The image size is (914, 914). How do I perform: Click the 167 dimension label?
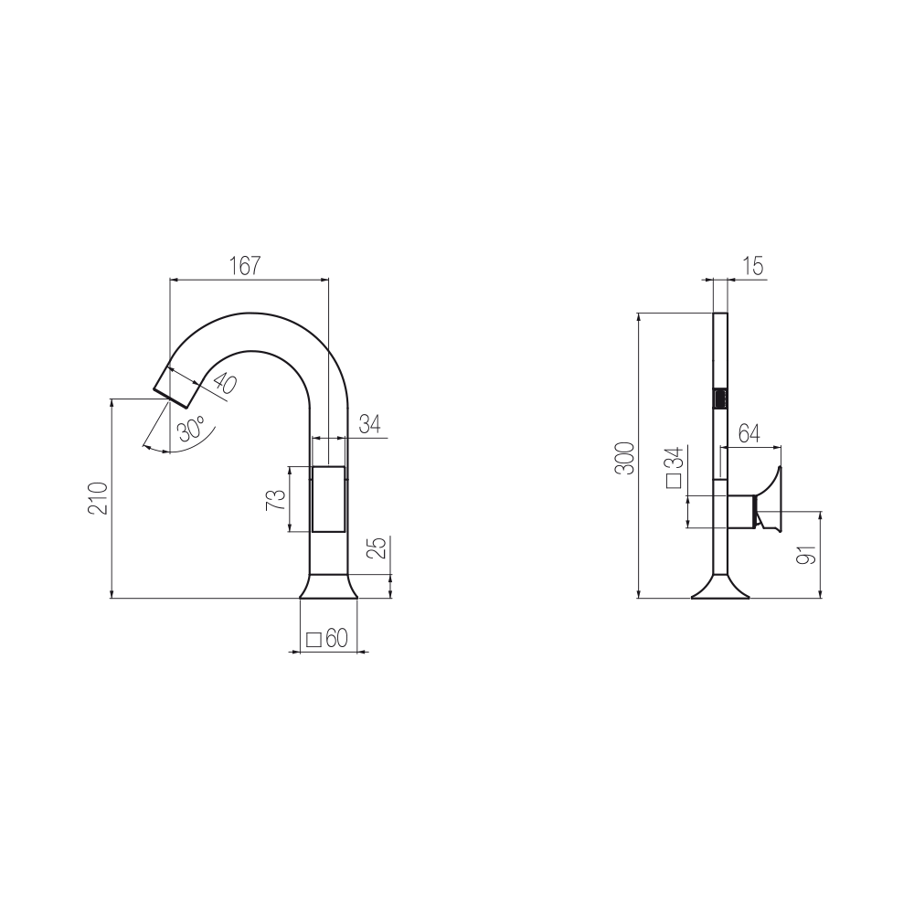pos(245,266)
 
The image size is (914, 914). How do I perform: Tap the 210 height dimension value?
pos(98,498)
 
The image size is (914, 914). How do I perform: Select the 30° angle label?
pos(191,429)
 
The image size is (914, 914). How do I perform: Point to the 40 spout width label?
pos(225,384)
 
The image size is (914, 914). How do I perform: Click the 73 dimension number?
pos(276,500)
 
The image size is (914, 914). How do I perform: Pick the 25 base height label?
pos(378,547)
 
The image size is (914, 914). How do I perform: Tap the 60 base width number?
pos(337,638)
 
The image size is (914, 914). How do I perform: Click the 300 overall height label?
pos(625,459)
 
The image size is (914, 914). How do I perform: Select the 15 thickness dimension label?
pos(753,266)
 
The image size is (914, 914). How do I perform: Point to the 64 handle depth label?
pos(749,433)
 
